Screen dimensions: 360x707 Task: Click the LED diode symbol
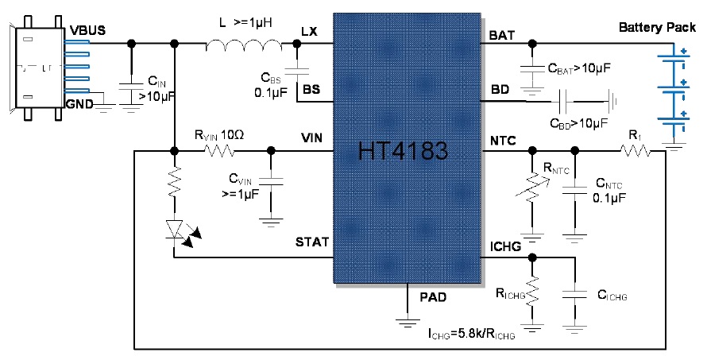[176, 229]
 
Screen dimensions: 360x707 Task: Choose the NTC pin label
[503, 141]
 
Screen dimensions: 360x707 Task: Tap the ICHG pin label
[505, 247]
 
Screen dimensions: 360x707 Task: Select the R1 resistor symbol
[636, 149]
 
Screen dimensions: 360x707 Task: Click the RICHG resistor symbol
[533, 291]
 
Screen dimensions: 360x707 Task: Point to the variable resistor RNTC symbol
[531, 194]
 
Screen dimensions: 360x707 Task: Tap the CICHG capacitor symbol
[573, 293]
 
